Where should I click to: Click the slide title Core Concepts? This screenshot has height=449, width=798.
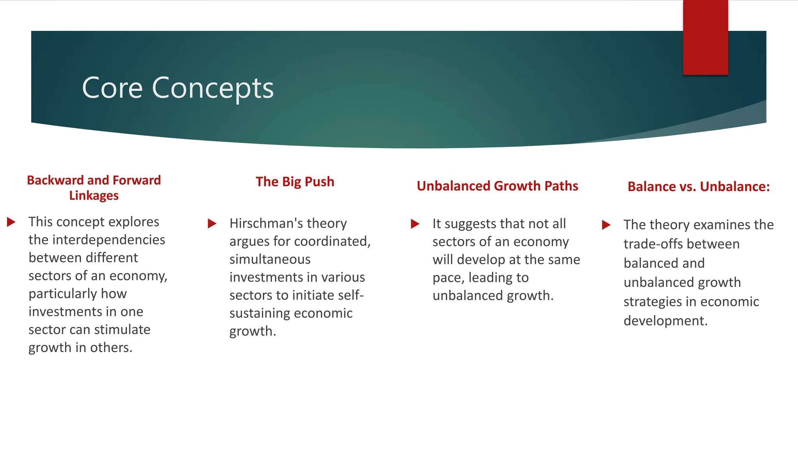[178, 88]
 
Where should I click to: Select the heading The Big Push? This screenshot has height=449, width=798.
[295, 182]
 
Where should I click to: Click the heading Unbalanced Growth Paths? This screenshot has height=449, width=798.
[497, 186]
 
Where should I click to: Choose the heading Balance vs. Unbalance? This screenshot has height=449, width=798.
[698, 187]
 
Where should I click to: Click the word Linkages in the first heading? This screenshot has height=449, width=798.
[94, 195]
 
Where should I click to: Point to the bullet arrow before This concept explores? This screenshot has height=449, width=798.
[11, 222]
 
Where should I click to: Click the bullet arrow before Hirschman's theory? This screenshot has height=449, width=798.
[212, 224]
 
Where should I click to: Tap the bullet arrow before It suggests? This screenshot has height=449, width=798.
[415, 224]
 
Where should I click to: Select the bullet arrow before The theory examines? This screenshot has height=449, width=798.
[606, 225]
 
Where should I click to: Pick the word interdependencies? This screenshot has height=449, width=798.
[109, 240]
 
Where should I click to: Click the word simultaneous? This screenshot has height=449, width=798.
[270, 259]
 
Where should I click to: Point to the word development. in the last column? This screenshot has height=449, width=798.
[665, 321]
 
